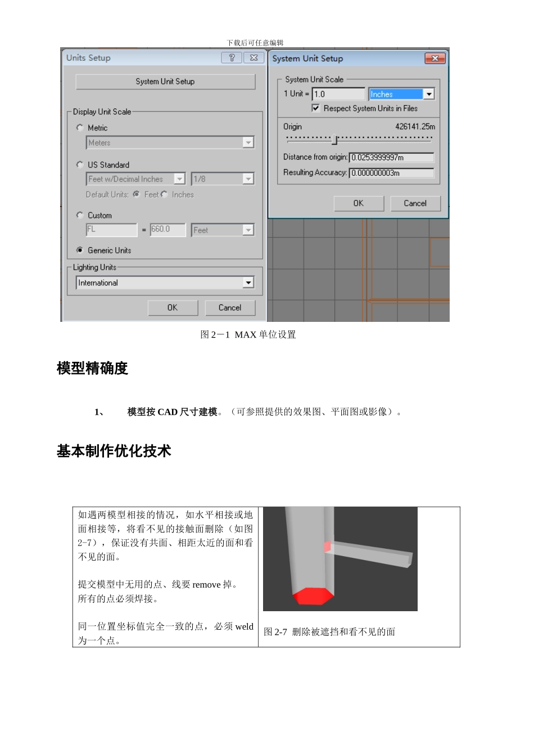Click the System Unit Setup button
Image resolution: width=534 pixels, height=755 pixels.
[165, 81]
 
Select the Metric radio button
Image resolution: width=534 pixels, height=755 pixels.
[80, 128]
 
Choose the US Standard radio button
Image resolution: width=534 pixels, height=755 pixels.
[80, 165]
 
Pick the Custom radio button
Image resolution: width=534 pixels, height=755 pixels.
[80, 215]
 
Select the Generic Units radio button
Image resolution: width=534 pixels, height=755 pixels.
[80, 250]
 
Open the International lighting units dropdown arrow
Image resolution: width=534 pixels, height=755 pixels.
[248, 283]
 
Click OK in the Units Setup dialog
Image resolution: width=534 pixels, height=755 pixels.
[173, 308]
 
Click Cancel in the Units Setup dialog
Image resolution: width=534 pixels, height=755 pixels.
[229, 308]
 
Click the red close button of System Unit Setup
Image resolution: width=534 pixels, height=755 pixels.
[435, 58]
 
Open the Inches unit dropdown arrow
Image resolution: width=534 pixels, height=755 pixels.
[429, 94]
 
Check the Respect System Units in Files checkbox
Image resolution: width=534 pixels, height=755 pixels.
[316, 108]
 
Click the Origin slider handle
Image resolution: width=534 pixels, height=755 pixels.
[334, 139]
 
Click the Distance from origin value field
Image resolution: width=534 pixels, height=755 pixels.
[391, 158]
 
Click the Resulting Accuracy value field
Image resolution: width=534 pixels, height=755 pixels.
[391, 173]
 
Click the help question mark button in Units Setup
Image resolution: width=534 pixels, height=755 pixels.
[232, 58]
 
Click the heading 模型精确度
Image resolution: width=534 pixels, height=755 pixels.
[92, 369]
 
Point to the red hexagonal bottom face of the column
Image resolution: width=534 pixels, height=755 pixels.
[313, 596]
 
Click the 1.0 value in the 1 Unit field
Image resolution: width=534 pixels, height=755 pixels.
[338, 94]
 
